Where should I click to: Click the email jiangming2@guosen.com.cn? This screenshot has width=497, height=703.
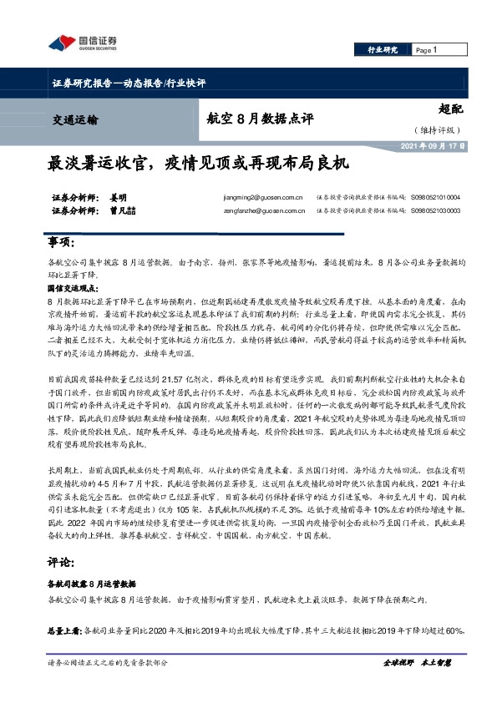point(258,198)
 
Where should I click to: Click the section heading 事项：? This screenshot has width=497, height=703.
point(59,242)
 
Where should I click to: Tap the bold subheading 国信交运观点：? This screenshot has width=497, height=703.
point(74,286)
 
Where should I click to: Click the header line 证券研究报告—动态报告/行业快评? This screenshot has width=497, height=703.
point(129,83)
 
